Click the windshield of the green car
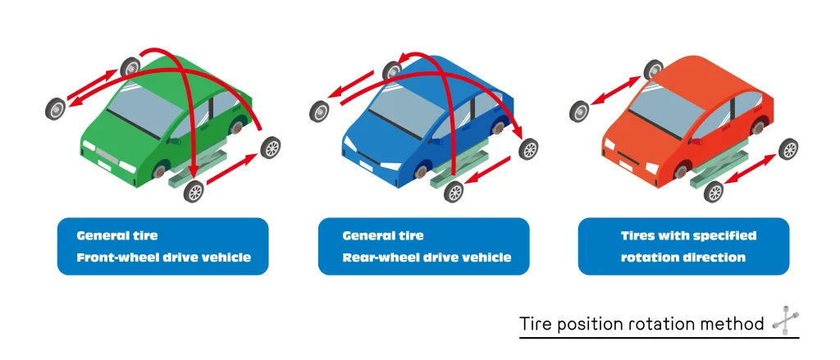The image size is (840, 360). (x=144, y=112)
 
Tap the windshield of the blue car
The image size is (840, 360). (x=407, y=113)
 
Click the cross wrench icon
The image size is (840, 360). (x=784, y=322)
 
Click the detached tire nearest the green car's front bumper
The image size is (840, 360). (x=194, y=191)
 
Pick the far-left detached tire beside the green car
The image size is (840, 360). (x=55, y=109)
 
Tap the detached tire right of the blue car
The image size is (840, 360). (x=529, y=148)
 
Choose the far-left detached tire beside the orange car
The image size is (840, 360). (x=579, y=111)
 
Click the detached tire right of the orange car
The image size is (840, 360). (x=788, y=148)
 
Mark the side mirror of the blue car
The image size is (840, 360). (x=436, y=142)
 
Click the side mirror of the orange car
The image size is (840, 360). (x=696, y=141)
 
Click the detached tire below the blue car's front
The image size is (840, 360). (x=454, y=191)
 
